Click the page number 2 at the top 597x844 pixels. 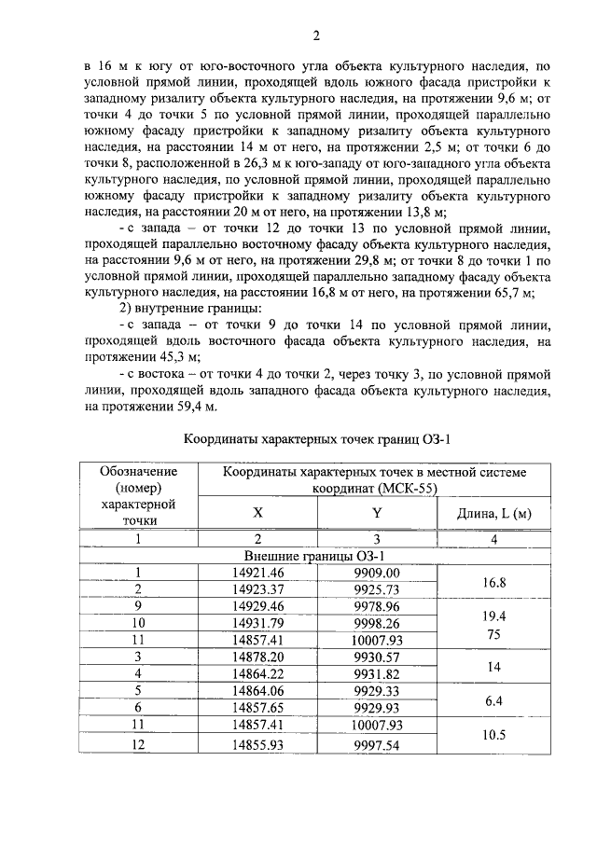point(316,36)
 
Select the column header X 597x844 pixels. point(258,511)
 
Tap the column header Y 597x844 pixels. point(377,511)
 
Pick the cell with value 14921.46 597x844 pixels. point(258,572)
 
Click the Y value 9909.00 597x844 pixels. point(377,572)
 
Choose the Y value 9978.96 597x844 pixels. point(377,606)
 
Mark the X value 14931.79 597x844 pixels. point(258,623)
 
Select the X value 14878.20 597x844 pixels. point(258,657)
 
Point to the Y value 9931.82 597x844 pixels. point(377,674)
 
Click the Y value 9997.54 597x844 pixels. point(377,745)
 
